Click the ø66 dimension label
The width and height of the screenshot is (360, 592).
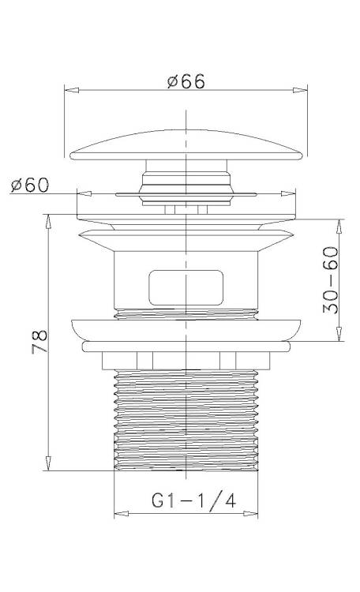[x=186, y=81]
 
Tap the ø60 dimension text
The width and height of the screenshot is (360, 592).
[x=30, y=185]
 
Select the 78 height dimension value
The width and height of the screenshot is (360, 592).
[x=40, y=341]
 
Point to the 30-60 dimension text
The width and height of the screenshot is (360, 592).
[x=331, y=279]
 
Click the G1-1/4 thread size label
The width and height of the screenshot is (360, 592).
[x=193, y=500]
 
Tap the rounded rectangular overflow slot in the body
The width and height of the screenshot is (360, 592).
[x=186, y=287]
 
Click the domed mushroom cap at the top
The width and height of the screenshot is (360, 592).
[x=186, y=145]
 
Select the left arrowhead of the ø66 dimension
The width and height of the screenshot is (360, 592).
[x=72, y=90]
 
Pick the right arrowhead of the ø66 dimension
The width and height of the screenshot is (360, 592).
[x=300, y=90]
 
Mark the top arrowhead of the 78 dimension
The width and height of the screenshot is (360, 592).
[x=48, y=222]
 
